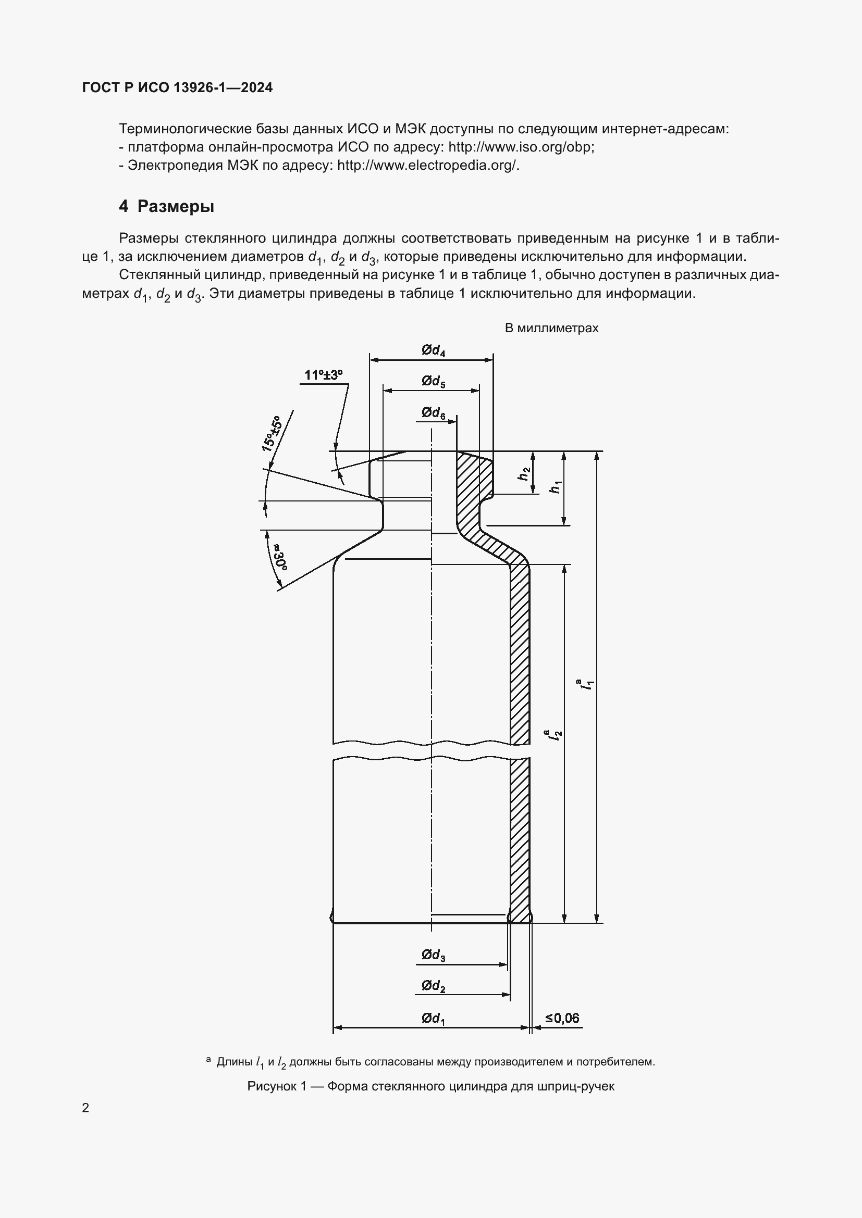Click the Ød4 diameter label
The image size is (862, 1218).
point(433,350)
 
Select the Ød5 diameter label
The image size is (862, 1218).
point(433,381)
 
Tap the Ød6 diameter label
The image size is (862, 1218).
point(433,413)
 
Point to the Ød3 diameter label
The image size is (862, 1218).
point(433,956)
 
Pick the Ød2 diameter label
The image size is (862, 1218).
point(433,986)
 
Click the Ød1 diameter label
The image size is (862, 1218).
point(433,1018)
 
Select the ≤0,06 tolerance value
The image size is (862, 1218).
point(562,1018)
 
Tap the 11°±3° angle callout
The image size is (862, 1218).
point(323,375)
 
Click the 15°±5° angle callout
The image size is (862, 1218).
point(270,433)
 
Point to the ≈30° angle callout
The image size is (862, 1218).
point(279,557)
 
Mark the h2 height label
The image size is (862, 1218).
point(524,473)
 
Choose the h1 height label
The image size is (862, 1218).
point(555,487)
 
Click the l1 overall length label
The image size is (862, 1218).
point(587,684)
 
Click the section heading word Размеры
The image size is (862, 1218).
point(176,206)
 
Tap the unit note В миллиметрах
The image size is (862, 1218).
point(551,329)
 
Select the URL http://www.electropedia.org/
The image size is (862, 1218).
point(428,166)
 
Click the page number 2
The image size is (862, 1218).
point(85,1108)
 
